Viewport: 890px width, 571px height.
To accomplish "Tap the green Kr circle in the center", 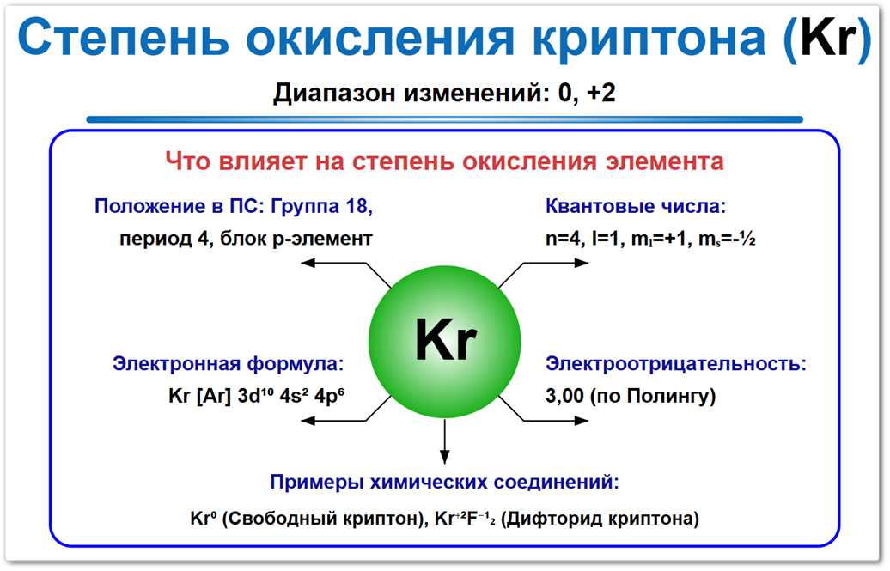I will [444, 341].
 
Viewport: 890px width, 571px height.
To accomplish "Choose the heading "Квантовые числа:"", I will [636, 206].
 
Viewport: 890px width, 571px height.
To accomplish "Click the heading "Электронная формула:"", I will [228, 363].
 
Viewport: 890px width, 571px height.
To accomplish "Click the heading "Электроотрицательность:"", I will [676, 363].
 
